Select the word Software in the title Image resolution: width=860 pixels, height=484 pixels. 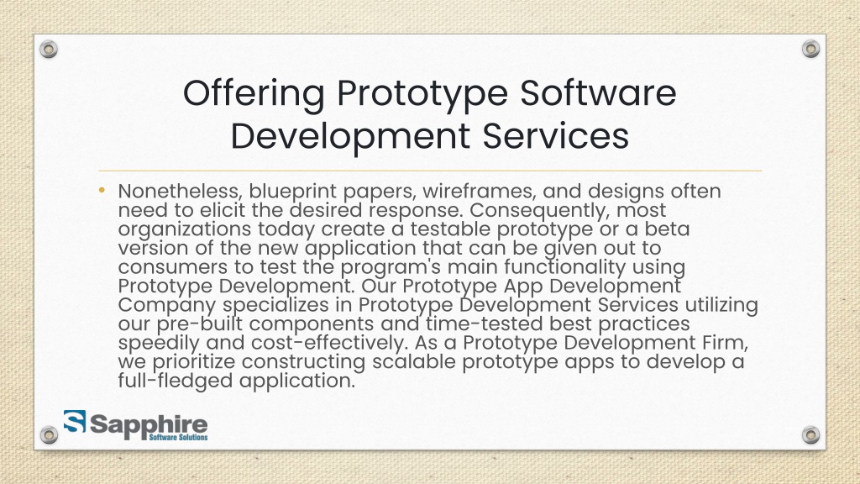click(x=599, y=93)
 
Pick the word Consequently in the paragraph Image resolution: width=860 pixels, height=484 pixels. click(x=564, y=210)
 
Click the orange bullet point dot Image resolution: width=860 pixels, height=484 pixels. click(x=102, y=189)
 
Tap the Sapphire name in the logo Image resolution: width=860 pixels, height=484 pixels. click(x=148, y=423)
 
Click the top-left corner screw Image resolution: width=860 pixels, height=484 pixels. click(x=50, y=50)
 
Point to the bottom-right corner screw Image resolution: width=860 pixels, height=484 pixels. click(x=810, y=434)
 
